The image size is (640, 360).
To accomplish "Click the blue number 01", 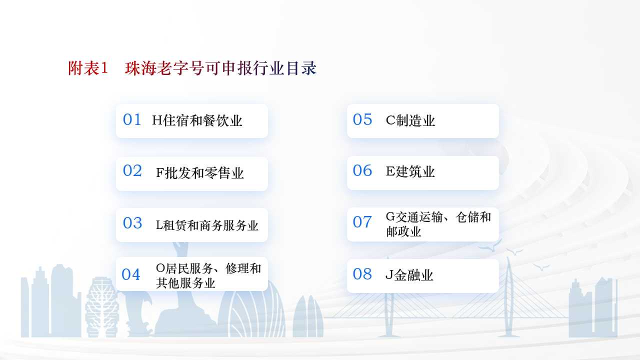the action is tap(132, 119).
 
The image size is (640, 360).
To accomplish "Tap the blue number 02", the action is tap(132, 170).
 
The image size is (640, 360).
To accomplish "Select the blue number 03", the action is tap(132, 223).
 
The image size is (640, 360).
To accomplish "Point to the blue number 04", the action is tap(131, 274).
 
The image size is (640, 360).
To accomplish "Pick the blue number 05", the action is tap(362, 119).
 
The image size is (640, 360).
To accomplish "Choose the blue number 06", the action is tap(362, 170).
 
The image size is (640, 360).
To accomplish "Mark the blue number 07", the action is tap(362, 222).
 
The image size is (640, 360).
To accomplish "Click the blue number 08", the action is tap(362, 274).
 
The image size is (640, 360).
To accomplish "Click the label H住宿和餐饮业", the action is tap(197, 120).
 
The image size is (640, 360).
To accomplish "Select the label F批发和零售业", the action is tap(199, 173).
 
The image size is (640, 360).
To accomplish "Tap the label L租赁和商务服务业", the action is tap(207, 225).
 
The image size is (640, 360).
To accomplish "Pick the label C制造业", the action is tap(410, 120).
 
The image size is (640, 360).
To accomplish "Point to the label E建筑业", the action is tap(410, 171).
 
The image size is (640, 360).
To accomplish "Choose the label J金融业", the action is tap(409, 275).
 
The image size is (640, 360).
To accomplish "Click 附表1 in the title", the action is tap(88, 68).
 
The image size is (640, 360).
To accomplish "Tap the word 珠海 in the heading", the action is tap(141, 68).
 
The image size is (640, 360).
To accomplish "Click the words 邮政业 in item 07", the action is tap(403, 231).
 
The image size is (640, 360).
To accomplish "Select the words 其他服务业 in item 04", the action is tap(185, 283).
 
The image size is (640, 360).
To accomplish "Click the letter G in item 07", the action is tap(390, 217).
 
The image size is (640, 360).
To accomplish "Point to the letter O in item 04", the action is tap(160, 268).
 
